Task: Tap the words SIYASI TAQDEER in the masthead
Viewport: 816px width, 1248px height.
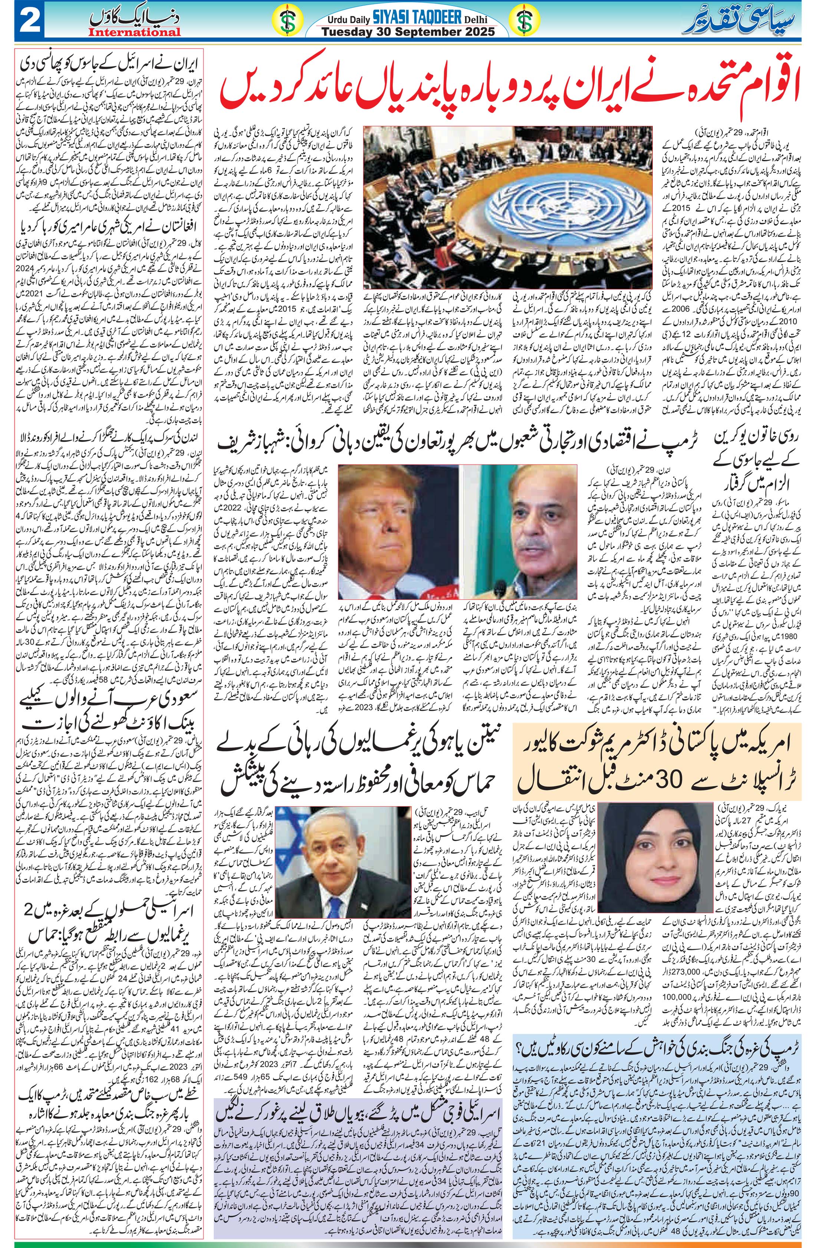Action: point(425,19)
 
